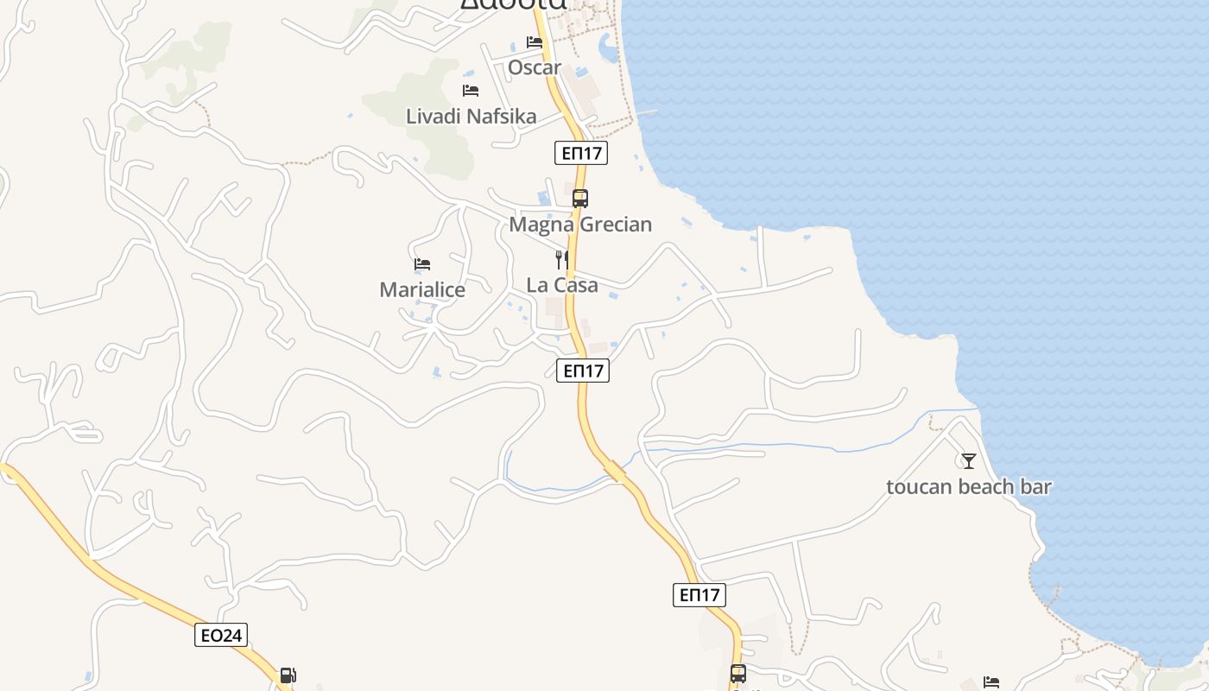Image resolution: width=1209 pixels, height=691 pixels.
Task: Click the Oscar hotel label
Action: (x=535, y=67)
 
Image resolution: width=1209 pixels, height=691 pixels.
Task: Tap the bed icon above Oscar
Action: (x=535, y=41)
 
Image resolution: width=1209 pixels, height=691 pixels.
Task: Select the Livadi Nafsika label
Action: (x=471, y=116)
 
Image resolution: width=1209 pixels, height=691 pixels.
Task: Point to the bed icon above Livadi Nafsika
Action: (x=471, y=90)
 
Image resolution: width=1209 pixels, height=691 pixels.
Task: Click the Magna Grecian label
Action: (x=580, y=225)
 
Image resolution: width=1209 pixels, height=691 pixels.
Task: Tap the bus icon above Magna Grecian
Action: (x=580, y=198)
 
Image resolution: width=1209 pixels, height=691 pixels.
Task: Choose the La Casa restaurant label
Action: (x=562, y=285)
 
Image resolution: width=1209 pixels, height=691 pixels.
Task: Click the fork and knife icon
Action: (x=562, y=259)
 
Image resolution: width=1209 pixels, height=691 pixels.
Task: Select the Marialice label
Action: (x=422, y=290)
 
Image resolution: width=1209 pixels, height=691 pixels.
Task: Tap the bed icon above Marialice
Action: (x=422, y=264)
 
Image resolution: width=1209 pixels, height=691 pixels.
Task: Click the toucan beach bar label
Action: (x=969, y=486)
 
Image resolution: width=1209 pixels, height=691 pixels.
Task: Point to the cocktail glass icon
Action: (x=969, y=460)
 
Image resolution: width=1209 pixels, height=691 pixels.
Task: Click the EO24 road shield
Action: (x=221, y=636)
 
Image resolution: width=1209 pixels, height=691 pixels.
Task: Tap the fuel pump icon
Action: (x=288, y=675)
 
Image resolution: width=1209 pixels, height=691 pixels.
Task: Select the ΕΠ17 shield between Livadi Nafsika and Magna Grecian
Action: (x=581, y=154)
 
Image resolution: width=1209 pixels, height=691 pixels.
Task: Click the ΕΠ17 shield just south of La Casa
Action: (x=583, y=371)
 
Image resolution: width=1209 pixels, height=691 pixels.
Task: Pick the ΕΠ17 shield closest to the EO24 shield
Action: (x=699, y=594)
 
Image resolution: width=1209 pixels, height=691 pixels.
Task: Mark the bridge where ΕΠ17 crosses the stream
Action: (x=616, y=471)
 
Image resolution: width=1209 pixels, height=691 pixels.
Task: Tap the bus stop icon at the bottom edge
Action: (x=738, y=674)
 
